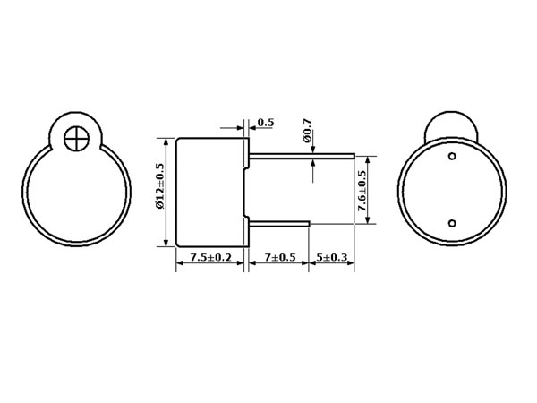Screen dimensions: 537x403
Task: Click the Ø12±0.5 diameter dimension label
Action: tap(160, 185)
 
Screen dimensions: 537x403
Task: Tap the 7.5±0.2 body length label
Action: tap(211, 257)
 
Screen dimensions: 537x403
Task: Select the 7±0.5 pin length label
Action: tap(280, 257)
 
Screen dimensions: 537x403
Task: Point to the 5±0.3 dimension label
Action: tap(331, 257)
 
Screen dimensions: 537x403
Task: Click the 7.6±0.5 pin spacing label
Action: tap(362, 191)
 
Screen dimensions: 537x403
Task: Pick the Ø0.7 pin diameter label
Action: tap(307, 130)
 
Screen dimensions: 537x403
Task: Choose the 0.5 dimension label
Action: tap(266, 123)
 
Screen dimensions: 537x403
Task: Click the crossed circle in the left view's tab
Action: tap(76, 139)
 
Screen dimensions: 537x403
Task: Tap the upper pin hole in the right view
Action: tap(452, 156)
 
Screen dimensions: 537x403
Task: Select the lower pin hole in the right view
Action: tap(452, 223)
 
